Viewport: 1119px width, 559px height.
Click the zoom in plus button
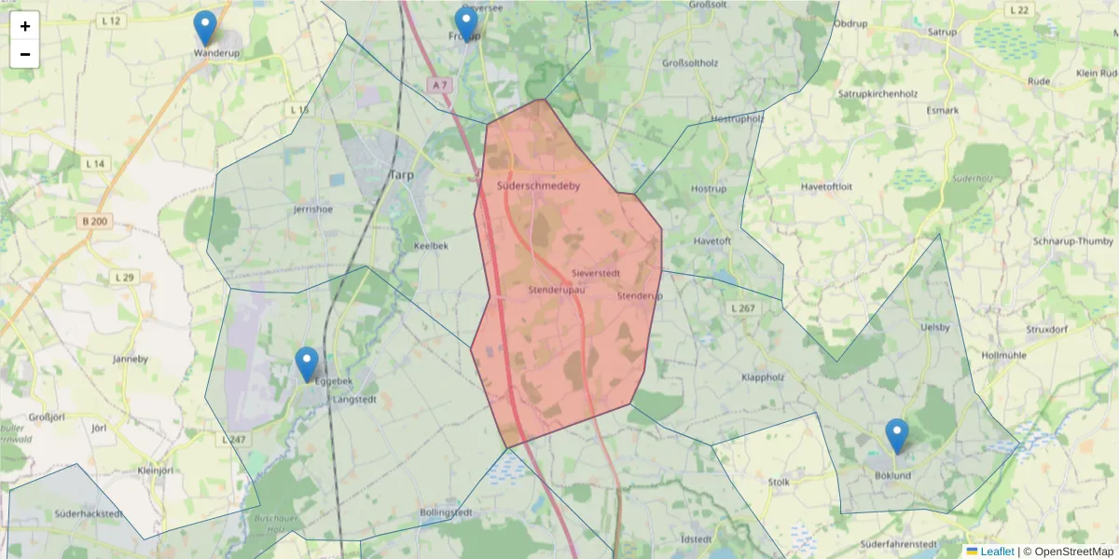[x=25, y=26]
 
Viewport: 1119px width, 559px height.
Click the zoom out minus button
[x=25, y=54]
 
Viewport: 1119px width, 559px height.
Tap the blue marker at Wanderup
[x=205, y=29]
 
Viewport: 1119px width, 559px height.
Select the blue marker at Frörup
[x=466, y=24]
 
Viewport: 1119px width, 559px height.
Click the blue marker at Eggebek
[x=307, y=364]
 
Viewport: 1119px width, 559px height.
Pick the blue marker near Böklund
[x=897, y=436]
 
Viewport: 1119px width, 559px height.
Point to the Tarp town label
[x=401, y=175]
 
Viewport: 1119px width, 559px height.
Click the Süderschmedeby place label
[x=539, y=186]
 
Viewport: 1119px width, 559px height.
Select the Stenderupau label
[x=556, y=291]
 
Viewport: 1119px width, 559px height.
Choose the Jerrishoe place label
[x=312, y=210]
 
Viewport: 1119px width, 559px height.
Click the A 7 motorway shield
[x=439, y=85]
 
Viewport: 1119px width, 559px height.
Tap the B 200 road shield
[x=95, y=222]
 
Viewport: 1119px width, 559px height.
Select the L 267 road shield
[x=743, y=307]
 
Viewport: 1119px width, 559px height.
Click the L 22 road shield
[x=1019, y=10]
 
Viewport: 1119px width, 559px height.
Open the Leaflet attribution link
[x=997, y=552]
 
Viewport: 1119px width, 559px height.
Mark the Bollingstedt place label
[x=447, y=513]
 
